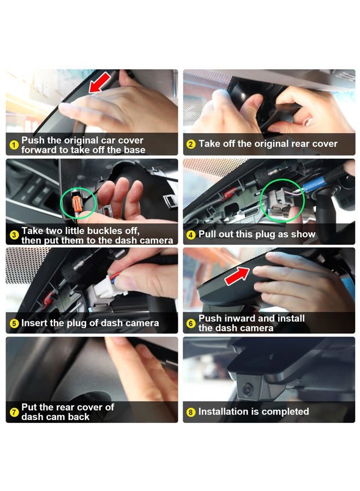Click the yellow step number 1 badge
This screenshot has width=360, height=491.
(x=14, y=145)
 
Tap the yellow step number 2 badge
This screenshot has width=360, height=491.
(x=191, y=144)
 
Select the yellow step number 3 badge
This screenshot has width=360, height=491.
(x=14, y=235)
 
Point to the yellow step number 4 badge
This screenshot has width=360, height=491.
(x=191, y=235)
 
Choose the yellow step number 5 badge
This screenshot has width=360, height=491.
(x=14, y=323)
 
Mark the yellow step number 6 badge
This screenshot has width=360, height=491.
(x=191, y=323)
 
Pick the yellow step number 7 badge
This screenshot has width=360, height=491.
(x=14, y=412)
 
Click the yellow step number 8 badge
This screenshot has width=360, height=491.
(x=191, y=412)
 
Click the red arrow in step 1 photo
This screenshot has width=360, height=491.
(x=100, y=83)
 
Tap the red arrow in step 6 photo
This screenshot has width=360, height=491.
(x=237, y=276)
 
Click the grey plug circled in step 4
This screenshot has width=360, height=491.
(x=278, y=201)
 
